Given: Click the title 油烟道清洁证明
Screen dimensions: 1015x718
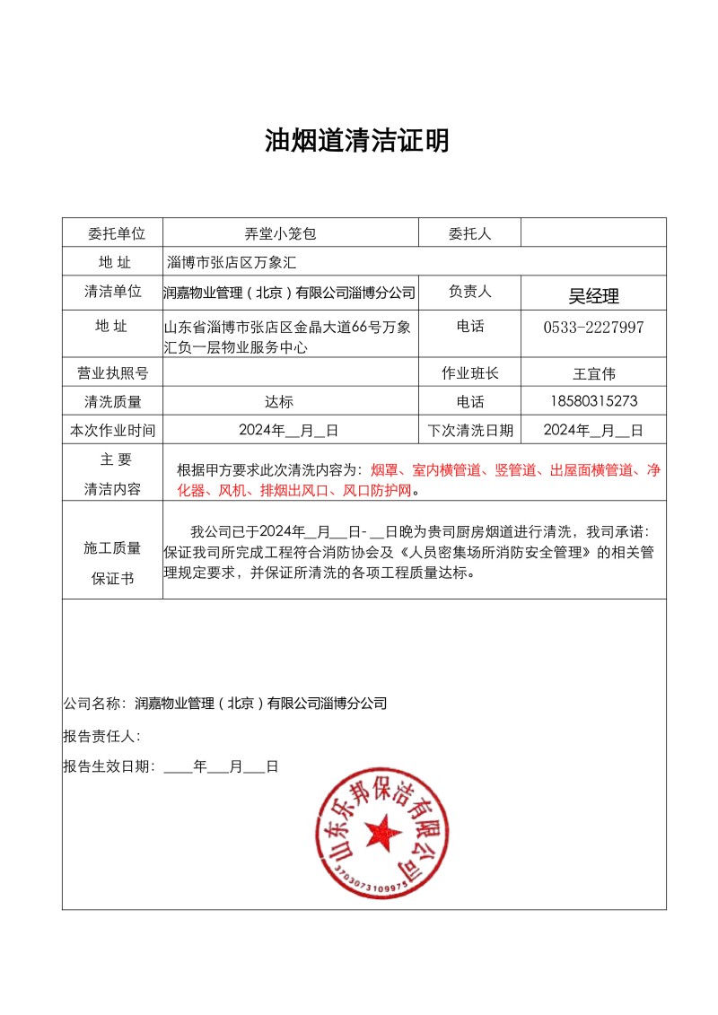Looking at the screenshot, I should [357, 141].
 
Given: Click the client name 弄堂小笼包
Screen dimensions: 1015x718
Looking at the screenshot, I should [281, 233].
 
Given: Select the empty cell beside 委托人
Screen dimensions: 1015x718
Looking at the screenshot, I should [593, 233].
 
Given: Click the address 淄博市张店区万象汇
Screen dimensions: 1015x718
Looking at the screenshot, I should [232, 263].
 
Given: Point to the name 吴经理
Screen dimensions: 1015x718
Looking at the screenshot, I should [593, 296].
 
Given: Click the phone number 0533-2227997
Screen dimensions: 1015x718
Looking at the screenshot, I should [593, 328].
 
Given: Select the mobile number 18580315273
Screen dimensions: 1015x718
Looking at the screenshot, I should [593, 401].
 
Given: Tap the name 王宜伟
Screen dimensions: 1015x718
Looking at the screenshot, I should [593, 373].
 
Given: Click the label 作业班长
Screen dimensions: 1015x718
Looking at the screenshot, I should [469, 373].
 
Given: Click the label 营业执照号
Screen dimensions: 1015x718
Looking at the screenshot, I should [113, 373].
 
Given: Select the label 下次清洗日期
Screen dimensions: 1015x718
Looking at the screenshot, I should [470, 430].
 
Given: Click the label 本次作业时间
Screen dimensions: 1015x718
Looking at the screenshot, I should [113, 430].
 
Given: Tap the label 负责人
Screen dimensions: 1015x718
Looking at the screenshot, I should [469, 292].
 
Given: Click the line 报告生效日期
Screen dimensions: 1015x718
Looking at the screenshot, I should [171, 766].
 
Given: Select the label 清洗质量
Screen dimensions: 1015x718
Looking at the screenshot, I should [113, 401].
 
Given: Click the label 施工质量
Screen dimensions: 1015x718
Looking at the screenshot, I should [113, 547].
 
